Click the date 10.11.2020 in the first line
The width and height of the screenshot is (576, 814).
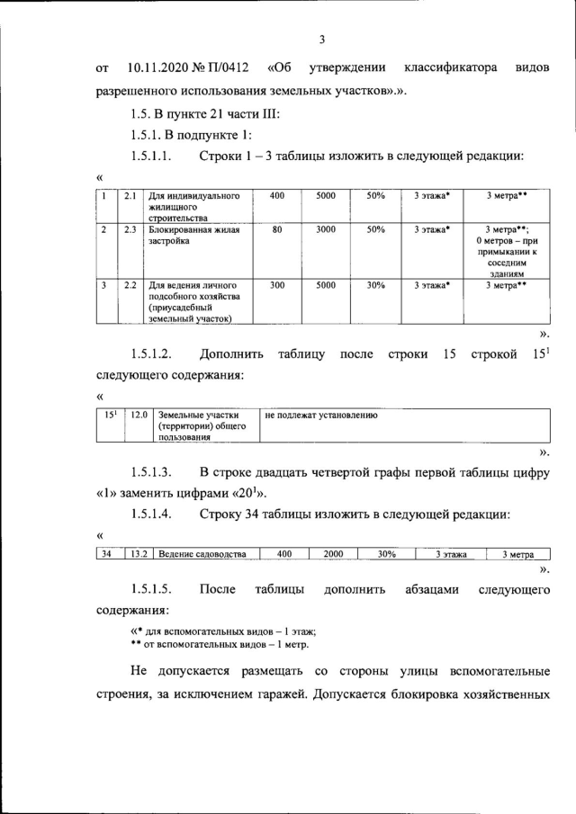[159, 67]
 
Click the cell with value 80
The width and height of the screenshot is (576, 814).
[277, 229]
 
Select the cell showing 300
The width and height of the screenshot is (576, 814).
[277, 285]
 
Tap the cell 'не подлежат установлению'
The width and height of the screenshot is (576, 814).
[321, 416]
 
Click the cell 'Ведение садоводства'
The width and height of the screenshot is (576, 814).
[202, 554]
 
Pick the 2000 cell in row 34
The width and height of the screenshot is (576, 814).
[333, 554]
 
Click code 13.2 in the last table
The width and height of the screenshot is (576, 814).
[139, 554]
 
